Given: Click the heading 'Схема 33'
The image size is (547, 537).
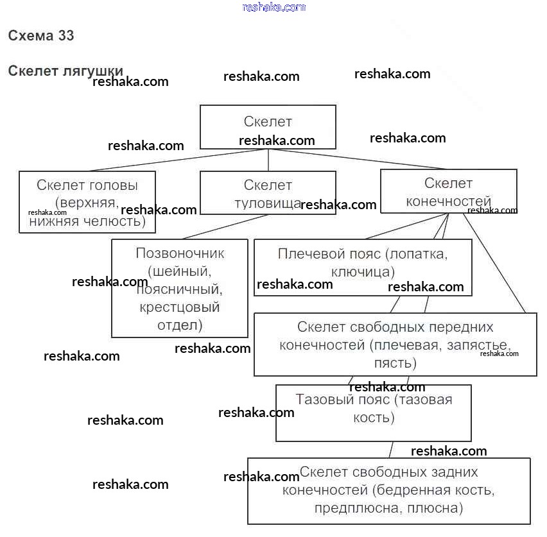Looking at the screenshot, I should pyautogui.click(x=41, y=36).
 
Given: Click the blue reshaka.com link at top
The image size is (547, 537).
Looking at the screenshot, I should pyautogui.click(x=274, y=7).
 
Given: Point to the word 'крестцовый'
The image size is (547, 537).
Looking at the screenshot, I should pyautogui.click(x=180, y=307).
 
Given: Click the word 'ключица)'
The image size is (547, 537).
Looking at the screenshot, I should pyautogui.click(x=363, y=271).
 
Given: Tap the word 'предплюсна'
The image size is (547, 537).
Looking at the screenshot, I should pyautogui.click(x=348, y=509).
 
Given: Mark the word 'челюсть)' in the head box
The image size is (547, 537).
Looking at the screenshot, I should pyautogui.click(x=119, y=222).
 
